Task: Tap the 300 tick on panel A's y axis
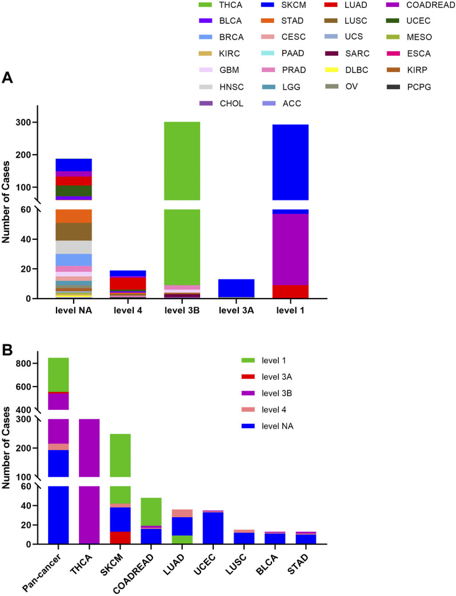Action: [x=25, y=122]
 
